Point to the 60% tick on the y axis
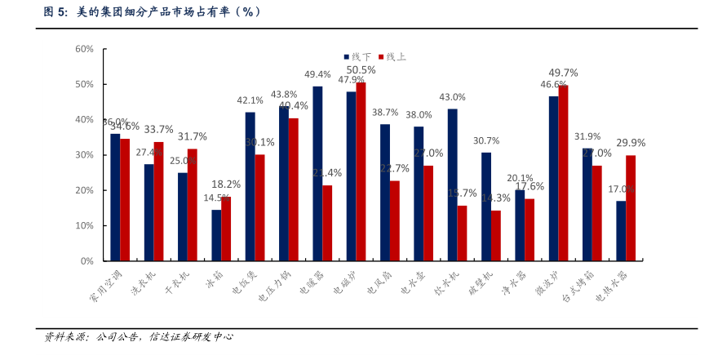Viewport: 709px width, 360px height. (85, 49)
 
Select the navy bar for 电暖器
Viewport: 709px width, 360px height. (317, 174)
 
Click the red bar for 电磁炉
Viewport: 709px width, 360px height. (361, 171)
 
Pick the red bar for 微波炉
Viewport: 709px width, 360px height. (563, 173)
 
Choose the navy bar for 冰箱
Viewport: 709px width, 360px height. (216, 235)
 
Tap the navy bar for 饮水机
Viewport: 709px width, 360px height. (452, 184)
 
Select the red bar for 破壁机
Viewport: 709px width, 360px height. (495, 236)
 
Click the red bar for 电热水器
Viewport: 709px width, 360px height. (631, 208)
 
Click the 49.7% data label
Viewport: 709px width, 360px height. (563, 72)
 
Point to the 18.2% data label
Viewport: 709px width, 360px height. (226, 184)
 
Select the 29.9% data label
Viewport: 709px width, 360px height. (631, 142)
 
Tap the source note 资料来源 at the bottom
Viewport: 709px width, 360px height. (139, 336)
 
